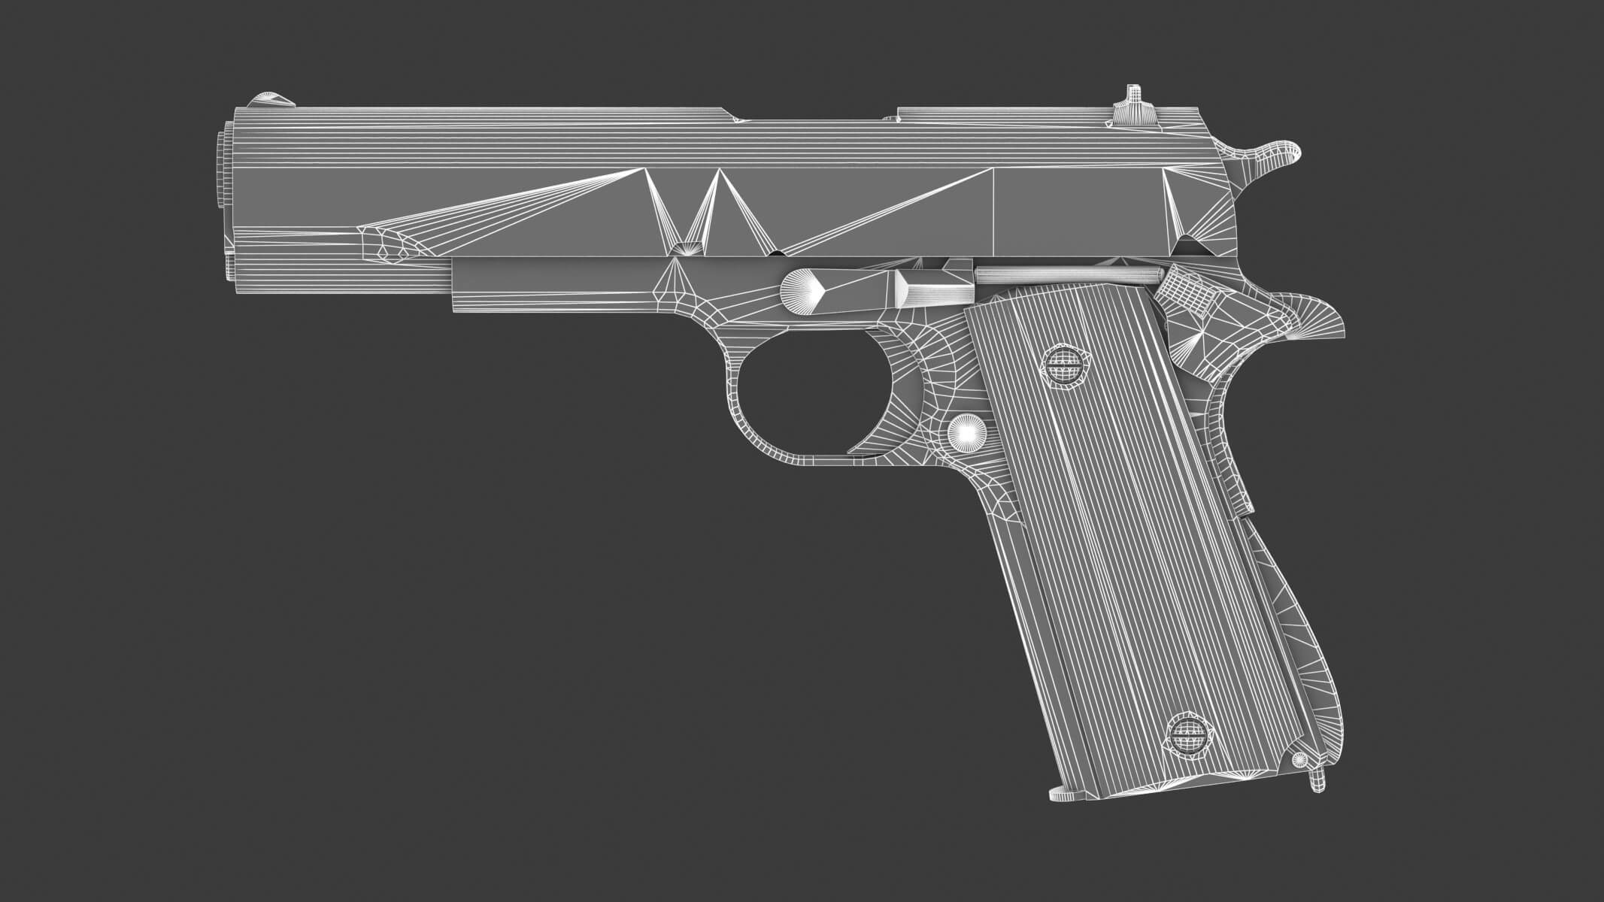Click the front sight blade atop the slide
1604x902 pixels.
pos(271,100)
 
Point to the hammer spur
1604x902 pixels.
pos(1278,155)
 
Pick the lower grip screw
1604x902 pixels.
pos(1188,733)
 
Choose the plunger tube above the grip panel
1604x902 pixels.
pos(1053,274)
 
